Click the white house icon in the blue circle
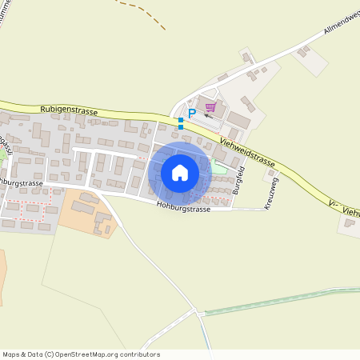pyautogui.click(x=179, y=173)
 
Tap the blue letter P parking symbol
pyautogui.click(x=191, y=114)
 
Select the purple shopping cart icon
pyautogui.click(x=211, y=106)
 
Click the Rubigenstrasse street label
pyautogui.click(x=68, y=110)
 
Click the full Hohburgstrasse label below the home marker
pyautogui.click(x=184, y=209)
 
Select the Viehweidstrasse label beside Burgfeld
pyautogui.click(x=247, y=153)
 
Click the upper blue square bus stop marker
pyautogui.click(x=181, y=120)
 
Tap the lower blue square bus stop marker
pyautogui.click(x=181, y=127)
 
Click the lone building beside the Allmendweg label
pyautogui.click(x=303, y=52)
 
